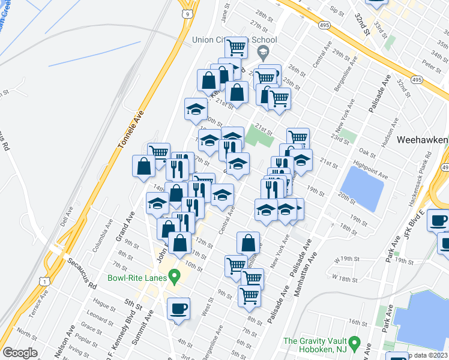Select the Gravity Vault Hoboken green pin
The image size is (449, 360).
354,344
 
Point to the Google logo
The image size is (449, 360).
20,353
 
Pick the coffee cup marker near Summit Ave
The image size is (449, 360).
178,310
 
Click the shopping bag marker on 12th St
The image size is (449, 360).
248,243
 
